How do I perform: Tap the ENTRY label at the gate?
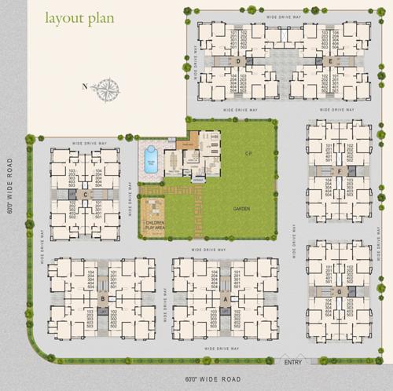[x=293, y=362]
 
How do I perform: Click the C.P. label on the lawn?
[x=248, y=153]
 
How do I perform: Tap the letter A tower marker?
[x=226, y=299]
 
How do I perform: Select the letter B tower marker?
[x=102, y=299]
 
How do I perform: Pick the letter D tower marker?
[x=238, y=60]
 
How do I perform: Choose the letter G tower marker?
[x=338, y=291]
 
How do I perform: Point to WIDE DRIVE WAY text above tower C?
[x=88, y=142]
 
